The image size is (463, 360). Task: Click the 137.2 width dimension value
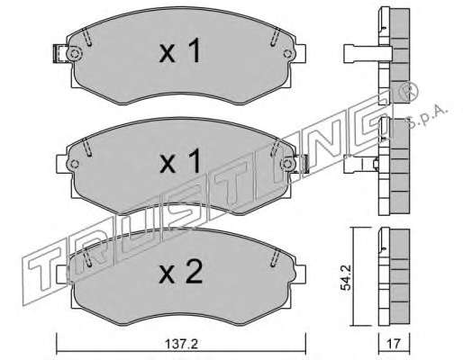tap(181, 344)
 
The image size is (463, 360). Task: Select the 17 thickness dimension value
tap(394, 343)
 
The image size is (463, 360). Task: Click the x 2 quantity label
tap(181, 273)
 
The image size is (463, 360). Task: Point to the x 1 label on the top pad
tap(180, 51)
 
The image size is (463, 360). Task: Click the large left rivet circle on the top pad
tap(74, 54)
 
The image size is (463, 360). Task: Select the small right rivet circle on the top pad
tap(287, 54)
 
